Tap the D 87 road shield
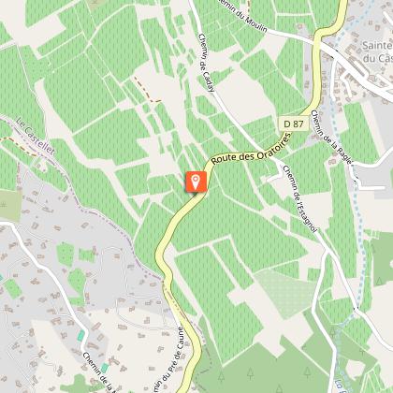(293, 124)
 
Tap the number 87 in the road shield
(298, 124)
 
